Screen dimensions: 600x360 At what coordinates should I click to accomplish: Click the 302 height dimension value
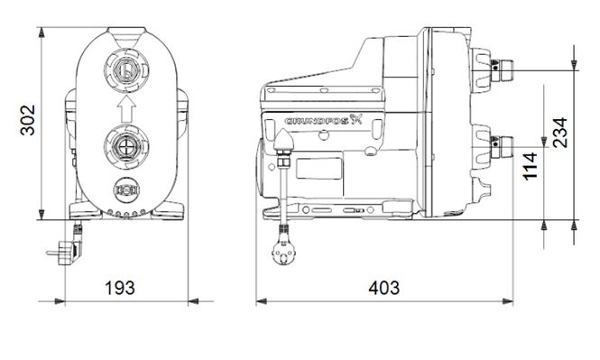point(28,120)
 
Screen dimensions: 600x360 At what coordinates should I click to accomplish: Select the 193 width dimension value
point(120,288)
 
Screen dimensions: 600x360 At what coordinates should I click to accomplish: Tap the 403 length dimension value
point(383,288)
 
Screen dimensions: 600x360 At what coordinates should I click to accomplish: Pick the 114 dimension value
point(531,166)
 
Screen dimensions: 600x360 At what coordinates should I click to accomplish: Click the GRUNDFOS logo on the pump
point(323,120)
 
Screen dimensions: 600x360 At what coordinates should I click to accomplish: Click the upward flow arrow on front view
point(126,108)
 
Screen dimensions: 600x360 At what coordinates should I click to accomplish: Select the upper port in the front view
point(126,71)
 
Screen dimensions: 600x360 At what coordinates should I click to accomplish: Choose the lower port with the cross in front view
point(126,146)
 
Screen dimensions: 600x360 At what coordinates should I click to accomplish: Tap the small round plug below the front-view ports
point(126,190)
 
